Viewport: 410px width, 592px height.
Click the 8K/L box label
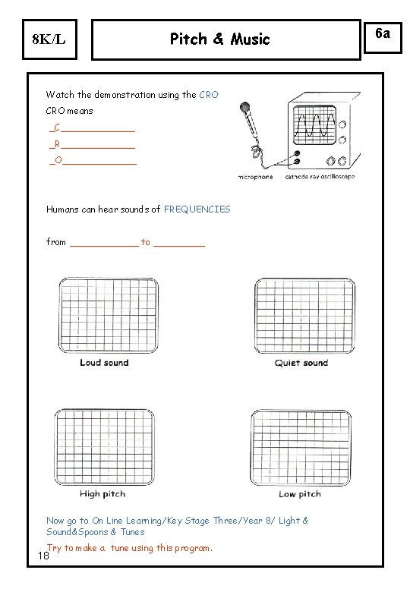(49, 39)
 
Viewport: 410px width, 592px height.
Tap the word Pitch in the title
(188, 39)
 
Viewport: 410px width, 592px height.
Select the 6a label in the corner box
(383, 33)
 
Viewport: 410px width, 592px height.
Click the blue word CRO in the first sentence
(209, 94)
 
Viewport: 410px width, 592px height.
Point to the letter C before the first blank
(57, 128)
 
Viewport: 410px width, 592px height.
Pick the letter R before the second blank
(57, 144)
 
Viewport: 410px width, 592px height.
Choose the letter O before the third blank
(58, 160)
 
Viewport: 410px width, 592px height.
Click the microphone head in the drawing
(245, 107)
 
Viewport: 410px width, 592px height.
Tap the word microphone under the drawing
(256, 177)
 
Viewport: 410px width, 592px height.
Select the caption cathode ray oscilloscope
(320, 176)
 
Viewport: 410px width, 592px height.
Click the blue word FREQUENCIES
(197, 209)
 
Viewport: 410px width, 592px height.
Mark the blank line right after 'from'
(105, 246)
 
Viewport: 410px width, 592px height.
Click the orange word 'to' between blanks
(146, 242)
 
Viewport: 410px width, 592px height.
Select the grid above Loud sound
(109, 315)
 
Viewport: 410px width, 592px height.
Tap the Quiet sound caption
(301, 363)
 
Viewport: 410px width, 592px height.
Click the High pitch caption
(102, 494)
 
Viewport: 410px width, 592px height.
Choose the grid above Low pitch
(301, 447)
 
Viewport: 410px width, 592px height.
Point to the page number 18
(43, 556)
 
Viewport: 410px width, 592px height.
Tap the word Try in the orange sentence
(55, 548)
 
